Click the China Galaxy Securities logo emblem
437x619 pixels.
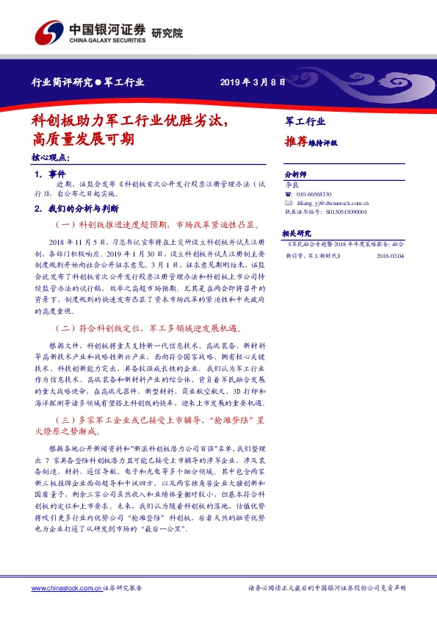pos(51,33)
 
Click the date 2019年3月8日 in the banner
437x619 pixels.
pos(252,82)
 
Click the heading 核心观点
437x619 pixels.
pos(51,158)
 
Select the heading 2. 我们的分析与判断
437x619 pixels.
pos(76,208)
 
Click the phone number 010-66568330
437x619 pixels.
pos(313,193)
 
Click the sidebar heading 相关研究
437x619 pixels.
pos(297,230)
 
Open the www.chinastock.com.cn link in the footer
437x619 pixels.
pos(65,588)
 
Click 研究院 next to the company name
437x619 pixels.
pos(167,33)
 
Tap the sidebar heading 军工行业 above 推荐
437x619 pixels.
pos(305,121)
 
